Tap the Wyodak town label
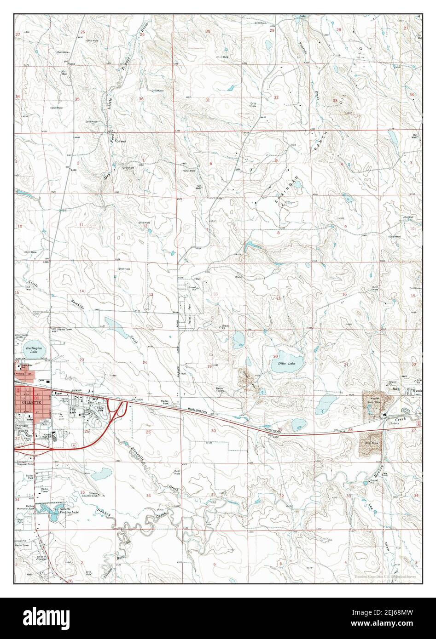[417, 391]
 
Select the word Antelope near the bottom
[110, 566]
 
